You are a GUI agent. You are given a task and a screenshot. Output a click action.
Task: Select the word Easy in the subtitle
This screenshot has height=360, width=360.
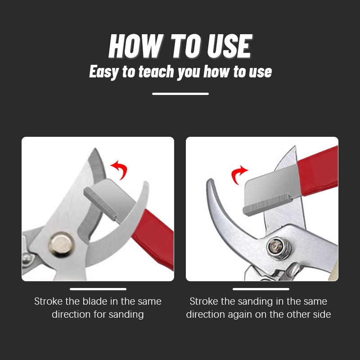(104, 72)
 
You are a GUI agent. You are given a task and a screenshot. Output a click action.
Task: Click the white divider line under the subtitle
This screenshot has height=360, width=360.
(180, 94)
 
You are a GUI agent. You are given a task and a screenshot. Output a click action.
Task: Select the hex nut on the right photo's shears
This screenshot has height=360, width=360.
(274, 247)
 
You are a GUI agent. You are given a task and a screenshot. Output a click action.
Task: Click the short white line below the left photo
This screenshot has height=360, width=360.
(98, 289)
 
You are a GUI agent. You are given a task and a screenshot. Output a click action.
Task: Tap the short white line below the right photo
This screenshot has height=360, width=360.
(261, 289)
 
